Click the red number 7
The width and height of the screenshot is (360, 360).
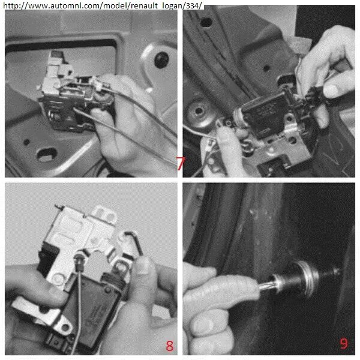tap(180, 163)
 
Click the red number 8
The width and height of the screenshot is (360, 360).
tap(169, 346)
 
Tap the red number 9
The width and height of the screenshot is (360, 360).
tap(344, 344)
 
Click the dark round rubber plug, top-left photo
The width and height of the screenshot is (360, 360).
tap(161, 60)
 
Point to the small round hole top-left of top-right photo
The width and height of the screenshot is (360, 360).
tap(205, 22)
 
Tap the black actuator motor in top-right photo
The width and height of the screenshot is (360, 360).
tap(264, 110)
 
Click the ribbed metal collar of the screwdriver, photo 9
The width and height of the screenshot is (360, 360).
tap(310, 274)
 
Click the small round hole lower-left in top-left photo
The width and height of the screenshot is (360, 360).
tap(26, 142)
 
